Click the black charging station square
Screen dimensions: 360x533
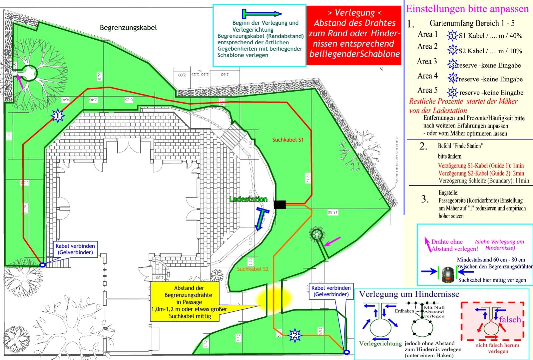(280, 204)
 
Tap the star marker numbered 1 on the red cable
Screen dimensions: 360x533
(58, 116)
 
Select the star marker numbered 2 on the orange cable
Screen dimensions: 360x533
(294, 335)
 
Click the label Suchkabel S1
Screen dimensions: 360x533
(288, 140)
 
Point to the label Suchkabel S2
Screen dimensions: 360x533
(253, 269)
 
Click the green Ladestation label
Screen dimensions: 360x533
(249, 199)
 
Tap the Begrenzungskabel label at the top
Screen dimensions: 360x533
(128, 28)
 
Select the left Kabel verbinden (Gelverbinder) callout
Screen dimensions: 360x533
(75, 249)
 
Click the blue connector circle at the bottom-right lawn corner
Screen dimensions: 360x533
(346, 352)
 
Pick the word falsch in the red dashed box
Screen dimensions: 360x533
(510, 320)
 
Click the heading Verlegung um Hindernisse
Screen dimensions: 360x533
(409, 294)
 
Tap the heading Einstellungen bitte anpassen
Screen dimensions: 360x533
(467, 9)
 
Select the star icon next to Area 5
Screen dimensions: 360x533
(452, 92)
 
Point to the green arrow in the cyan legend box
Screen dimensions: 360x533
(262, 14)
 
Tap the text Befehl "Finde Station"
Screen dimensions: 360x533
(460, 146)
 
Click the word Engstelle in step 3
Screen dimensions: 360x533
(448, 193)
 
